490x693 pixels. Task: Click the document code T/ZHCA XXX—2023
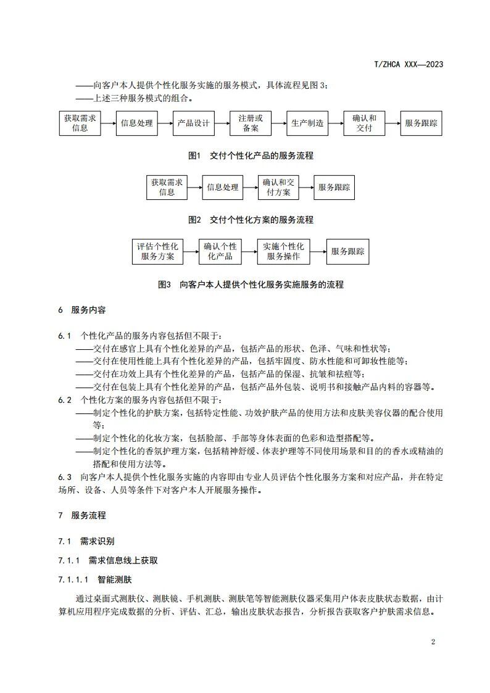409,64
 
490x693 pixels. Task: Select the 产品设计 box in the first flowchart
193,123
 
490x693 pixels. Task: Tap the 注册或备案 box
251,123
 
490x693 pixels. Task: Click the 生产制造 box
307,123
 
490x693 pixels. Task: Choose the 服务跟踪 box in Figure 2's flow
334,187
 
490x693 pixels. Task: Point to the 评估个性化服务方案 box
157,251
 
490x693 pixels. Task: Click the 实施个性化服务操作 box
283,251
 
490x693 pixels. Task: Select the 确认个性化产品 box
220,251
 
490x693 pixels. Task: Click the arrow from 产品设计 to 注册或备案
222,123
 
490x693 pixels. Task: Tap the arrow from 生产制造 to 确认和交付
336,123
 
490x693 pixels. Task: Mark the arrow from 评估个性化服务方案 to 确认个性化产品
189,251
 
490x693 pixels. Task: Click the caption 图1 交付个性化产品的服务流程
242,156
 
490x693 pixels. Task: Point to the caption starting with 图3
250,284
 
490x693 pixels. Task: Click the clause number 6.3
65,478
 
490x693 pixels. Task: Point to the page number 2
433,642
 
